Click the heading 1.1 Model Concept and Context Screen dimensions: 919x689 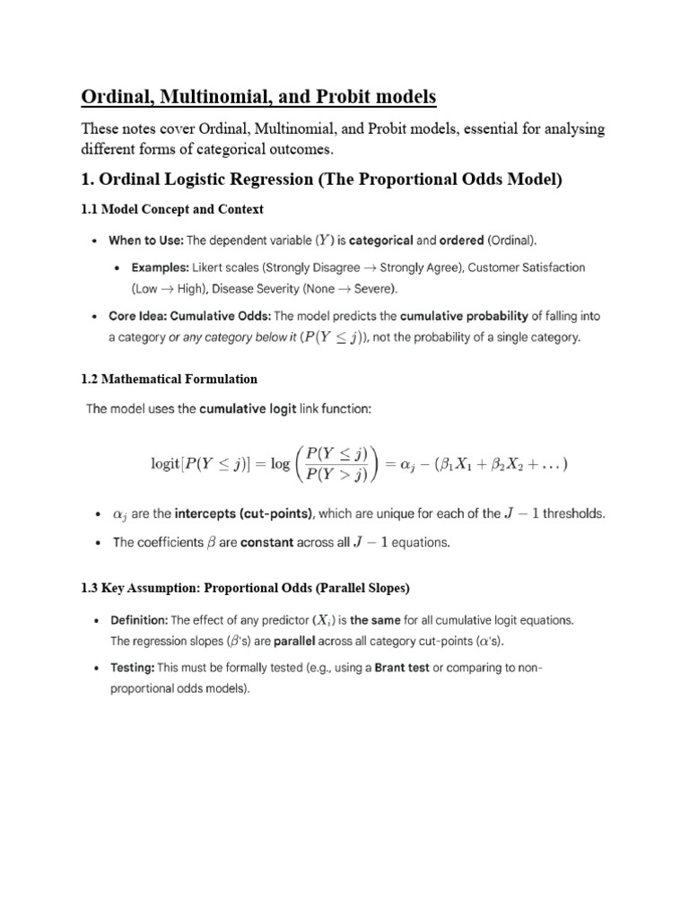click(172, 209)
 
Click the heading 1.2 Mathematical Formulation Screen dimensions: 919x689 click(170, 379)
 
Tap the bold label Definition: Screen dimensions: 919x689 click(138, 620)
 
